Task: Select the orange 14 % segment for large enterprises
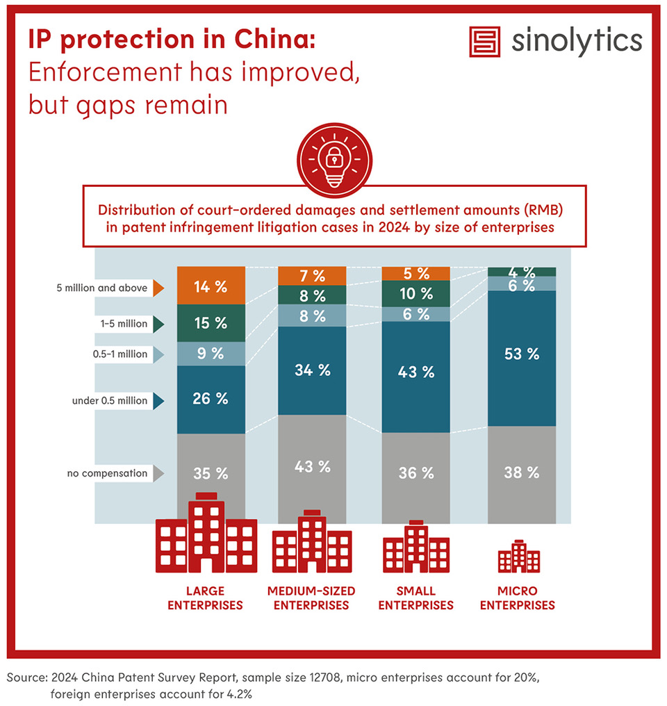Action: click(211, 287)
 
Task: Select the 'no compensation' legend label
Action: click(107, 474)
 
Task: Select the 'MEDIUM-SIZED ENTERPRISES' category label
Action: click(311, 598)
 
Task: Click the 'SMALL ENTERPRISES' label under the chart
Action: click(416, 598)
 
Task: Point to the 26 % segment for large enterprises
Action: click(211, 400)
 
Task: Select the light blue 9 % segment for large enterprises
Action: click(211, 354)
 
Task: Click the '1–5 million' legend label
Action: click(123, 324)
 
